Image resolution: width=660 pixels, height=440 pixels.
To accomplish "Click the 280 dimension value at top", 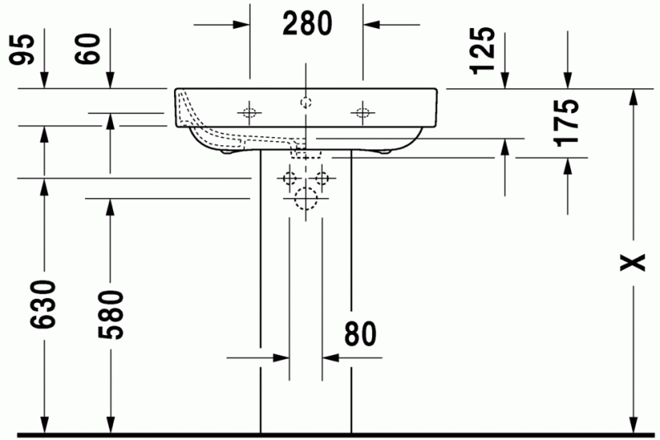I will point(307,23).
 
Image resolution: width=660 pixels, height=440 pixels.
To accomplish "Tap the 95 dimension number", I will point(23,50).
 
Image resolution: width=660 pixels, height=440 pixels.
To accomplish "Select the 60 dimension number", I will point(92,50).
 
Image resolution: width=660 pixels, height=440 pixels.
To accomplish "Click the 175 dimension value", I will point(568,122).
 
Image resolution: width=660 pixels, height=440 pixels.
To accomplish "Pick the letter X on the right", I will point(633,263).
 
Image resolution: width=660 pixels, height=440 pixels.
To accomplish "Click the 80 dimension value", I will point(360,334).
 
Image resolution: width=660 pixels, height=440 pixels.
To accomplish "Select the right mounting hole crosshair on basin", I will point(362,111).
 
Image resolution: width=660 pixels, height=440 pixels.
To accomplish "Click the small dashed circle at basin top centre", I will point(305,103).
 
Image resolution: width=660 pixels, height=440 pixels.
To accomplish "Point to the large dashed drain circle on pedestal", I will point(305,199).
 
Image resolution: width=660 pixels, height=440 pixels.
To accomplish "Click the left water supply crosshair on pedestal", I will point(290,177).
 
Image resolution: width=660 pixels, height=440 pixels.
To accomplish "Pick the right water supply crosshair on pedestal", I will point(321,177).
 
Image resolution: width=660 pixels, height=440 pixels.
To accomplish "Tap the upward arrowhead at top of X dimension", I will point(634,97).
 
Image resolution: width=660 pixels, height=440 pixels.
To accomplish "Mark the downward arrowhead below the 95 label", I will point(44,80).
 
